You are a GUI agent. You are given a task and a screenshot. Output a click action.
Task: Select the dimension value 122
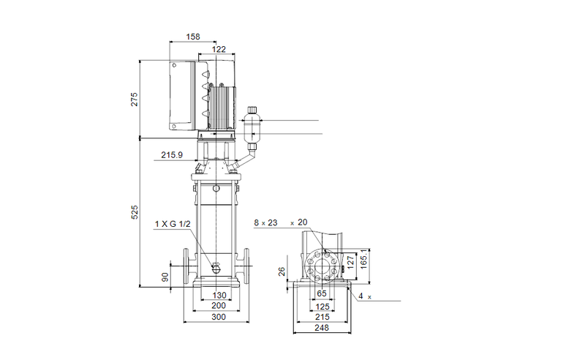(219, 49)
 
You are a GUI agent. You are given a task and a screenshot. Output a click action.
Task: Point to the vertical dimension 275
(135, 100)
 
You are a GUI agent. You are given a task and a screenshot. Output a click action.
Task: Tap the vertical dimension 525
(135, 212)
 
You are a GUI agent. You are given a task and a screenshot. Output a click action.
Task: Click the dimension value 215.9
(173, 155)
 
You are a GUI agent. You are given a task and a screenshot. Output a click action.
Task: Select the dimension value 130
(219, 295)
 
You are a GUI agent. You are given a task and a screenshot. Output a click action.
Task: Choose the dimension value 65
(322, 295)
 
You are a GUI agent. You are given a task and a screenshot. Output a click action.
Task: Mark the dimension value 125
(322, 306)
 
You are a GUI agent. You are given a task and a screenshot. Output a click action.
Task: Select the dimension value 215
(322, 317)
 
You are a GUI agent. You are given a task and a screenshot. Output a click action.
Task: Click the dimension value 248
(322, 328)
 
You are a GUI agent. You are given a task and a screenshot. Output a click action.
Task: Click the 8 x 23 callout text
(266, 222)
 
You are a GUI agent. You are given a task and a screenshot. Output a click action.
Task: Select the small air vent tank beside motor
(253, 126)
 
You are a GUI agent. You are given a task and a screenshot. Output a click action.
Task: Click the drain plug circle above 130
(217, 267)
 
